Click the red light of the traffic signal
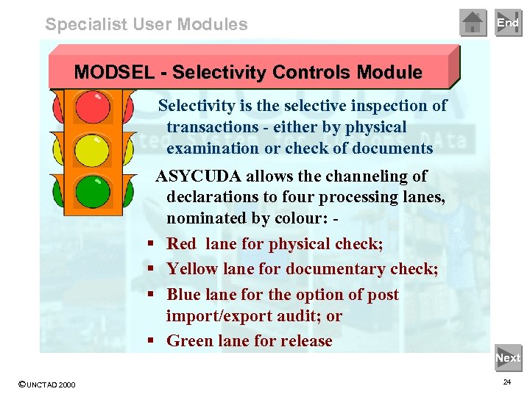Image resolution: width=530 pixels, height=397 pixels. (93, 108)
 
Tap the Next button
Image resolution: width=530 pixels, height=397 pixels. (508, 358)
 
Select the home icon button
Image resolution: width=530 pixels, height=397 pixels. (473, 23)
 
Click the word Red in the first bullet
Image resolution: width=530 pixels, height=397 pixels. (183, 244)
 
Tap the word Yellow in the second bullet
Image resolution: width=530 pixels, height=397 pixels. (193, 269)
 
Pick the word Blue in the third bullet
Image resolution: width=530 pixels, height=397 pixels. (184, 295)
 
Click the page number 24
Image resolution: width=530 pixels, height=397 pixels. (506, 383)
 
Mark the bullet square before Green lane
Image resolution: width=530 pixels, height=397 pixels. (149, 341)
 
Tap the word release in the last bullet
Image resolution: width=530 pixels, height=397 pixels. (305, 341)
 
